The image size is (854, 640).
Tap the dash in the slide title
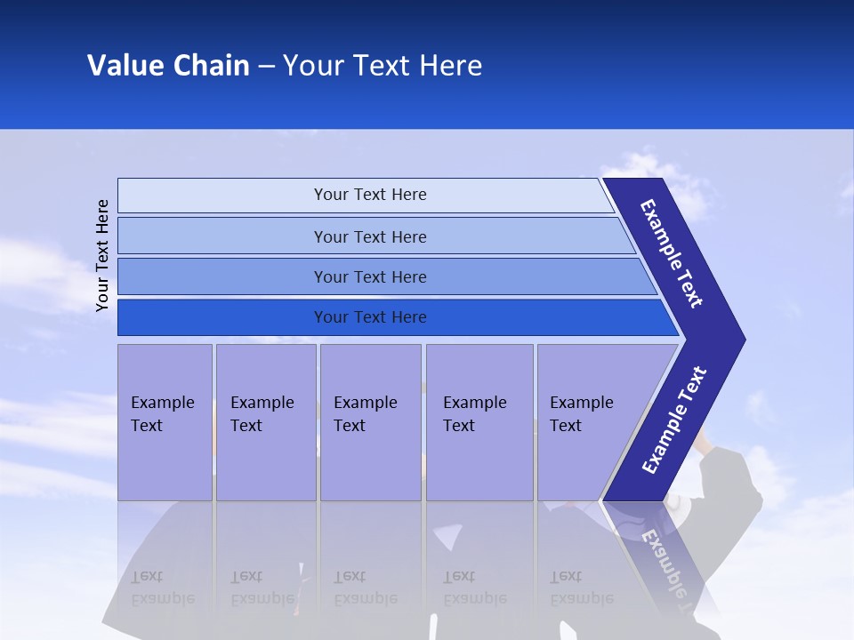(x=266, y=67)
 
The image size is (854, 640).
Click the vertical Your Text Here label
(x=102, y=255)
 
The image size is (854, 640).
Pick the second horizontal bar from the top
(x=370, y=236)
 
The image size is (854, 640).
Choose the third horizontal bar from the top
(x=370, y=276)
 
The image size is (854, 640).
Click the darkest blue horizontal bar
(x=370, y=317)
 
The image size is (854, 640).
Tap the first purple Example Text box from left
(x=165, y=422)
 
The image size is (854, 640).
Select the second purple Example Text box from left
(x=265, y=422)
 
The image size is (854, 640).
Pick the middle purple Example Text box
(x=370, y=422)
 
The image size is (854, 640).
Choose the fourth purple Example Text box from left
(x=479, y=422)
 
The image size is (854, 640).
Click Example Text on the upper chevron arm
(x=673, y=253)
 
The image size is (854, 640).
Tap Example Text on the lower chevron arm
(x=674, y=420)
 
